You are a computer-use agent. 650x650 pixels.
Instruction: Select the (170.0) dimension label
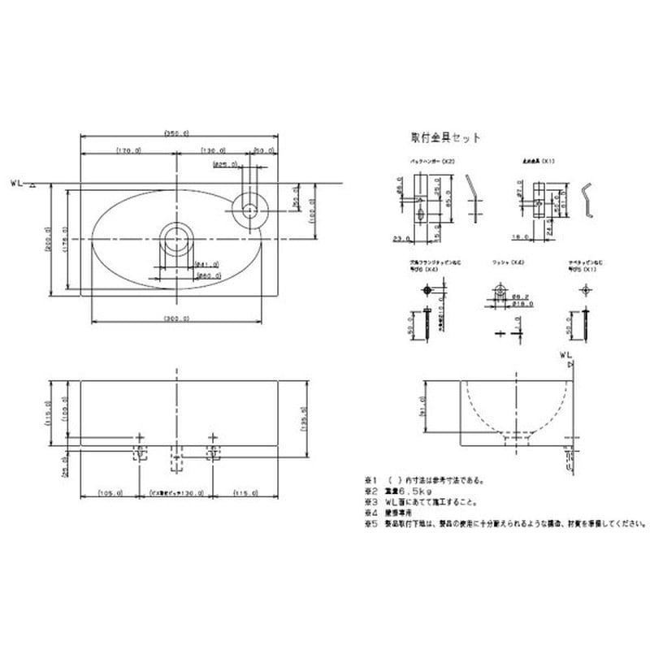point(128,150)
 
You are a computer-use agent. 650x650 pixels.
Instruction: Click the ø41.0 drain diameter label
point(184,264)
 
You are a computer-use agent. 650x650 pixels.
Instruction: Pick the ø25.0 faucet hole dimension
point(221,164)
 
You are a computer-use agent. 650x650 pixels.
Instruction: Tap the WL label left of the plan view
point(19,184)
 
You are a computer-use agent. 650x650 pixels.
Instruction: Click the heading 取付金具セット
point(447,138)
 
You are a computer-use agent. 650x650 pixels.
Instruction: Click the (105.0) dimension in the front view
point(109,492)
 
